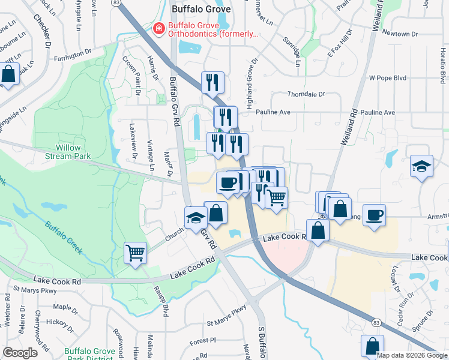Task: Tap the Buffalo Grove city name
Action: click(x=200, y=9)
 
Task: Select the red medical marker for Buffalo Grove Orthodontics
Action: click(x=158, y=28)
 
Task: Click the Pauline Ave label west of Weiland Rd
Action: click(x=273, y=112)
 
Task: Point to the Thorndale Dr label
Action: click(x=306, y=94)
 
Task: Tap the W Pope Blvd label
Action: click(x=388, y=78)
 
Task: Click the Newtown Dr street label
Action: click(x=400, y=33)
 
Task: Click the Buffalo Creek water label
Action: click(x=63, y=236)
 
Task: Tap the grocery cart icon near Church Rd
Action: click(x=135, y=253)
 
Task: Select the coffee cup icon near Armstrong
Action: click(x=374, y=215)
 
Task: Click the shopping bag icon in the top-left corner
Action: click(x=10, y=76)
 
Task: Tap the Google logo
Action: click(x=20, y=353)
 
